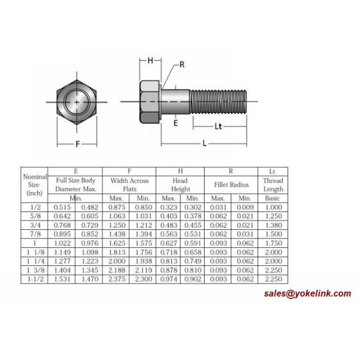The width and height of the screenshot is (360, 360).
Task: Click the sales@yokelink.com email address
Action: (x=307, y=293)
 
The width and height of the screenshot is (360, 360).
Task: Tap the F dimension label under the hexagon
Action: (x=78, y=144)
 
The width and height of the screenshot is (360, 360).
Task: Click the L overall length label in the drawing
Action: (x=205, y=144)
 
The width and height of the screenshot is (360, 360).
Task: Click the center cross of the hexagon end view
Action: (x=77, y=103)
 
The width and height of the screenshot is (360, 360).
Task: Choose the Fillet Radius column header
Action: (x=231, y=185)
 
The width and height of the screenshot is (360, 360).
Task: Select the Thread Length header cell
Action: (x=272, y=185)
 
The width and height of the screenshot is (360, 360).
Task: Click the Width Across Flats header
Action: (x=129, y=185)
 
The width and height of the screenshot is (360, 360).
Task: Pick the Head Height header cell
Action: (x=180, y=185)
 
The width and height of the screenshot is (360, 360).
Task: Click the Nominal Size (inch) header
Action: (x=34, y=185)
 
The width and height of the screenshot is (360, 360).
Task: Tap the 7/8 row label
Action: (x=34, y=233)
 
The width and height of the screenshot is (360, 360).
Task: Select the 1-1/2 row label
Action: (x=34, y=279)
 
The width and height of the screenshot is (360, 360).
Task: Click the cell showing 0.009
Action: (x=244, y=206)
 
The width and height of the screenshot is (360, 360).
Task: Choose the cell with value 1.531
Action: (x=62, y=279)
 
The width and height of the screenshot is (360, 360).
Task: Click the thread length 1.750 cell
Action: (x=272, y=242)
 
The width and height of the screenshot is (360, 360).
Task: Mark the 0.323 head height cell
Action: (x=169, y=206)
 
